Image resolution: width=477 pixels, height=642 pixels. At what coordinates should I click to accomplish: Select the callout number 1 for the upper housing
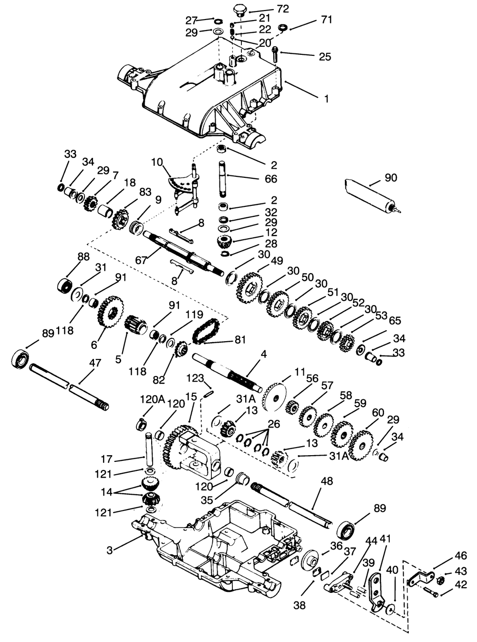(x=326, y=99)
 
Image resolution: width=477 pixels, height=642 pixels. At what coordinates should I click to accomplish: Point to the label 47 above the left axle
(x=95, y=363)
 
